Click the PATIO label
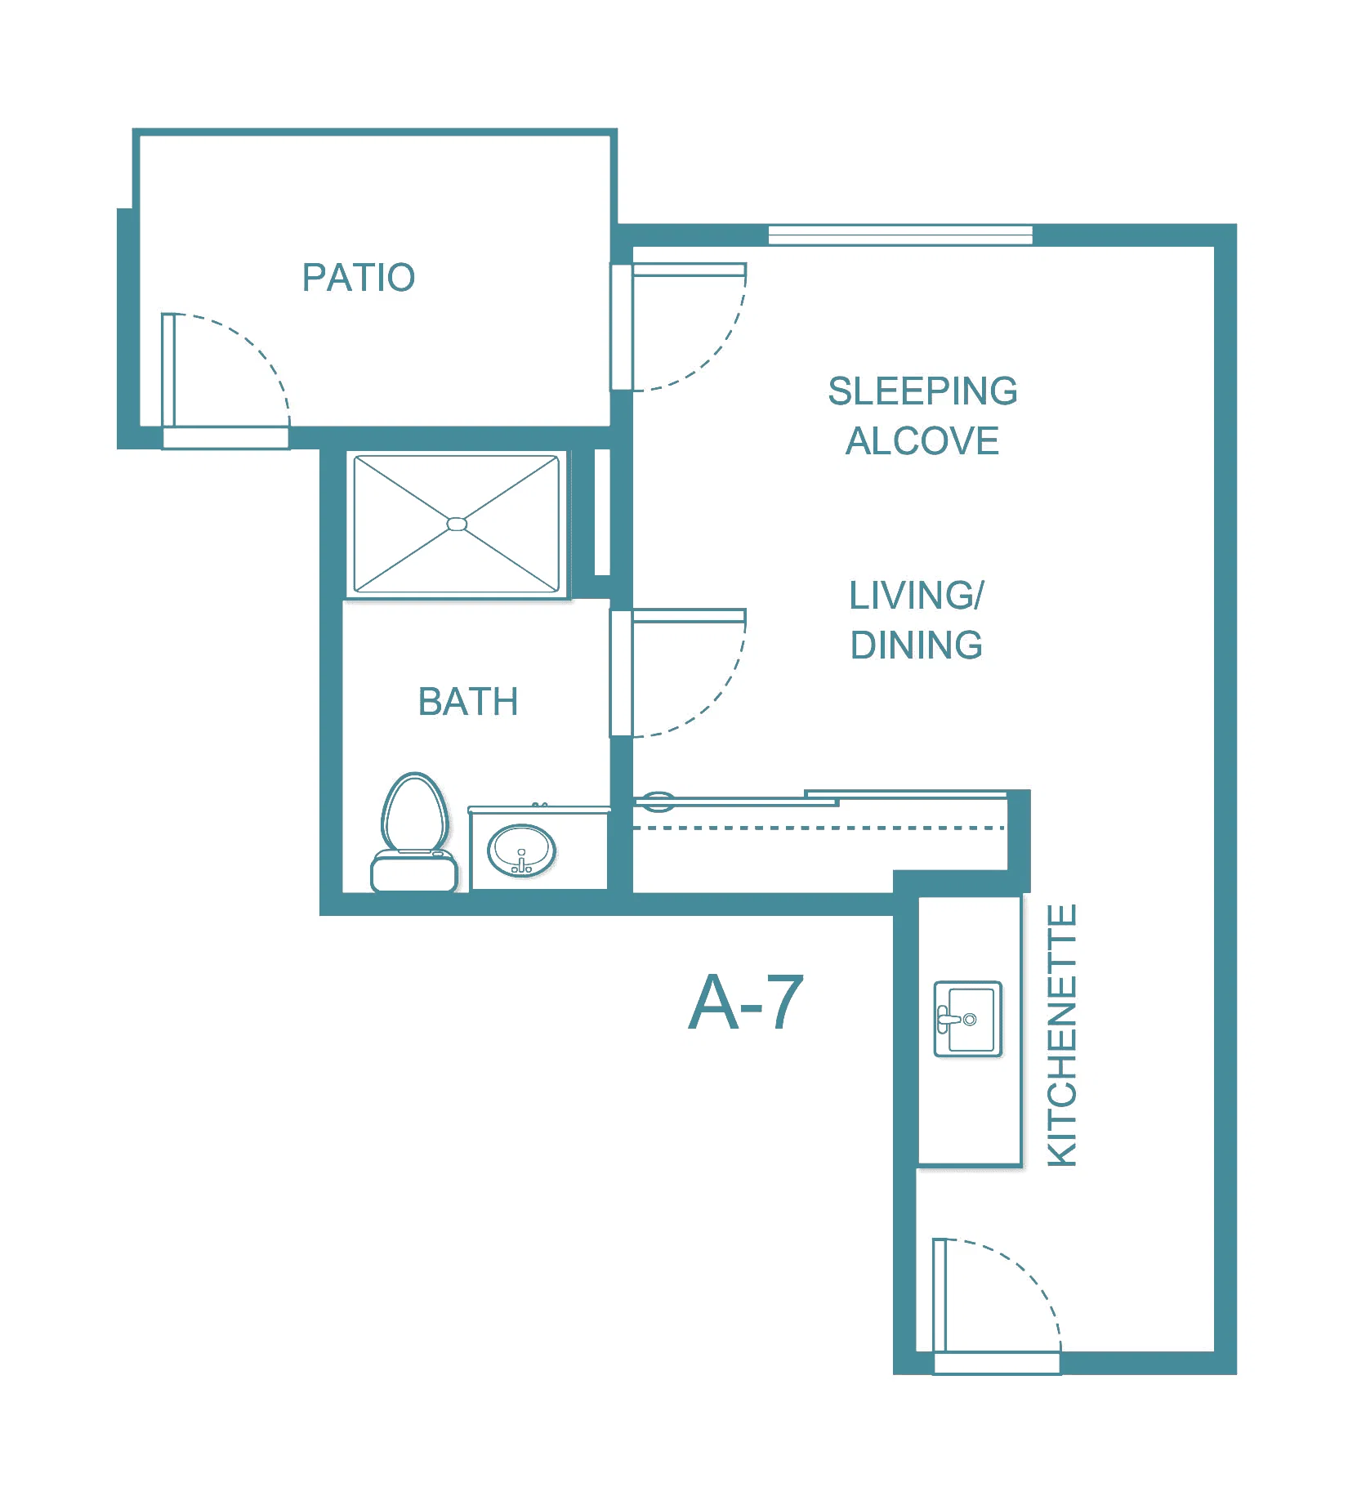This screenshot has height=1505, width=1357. (x=359, y=278)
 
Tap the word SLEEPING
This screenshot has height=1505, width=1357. (x=922, y=391)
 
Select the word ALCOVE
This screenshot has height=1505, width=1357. (x=922, y=441)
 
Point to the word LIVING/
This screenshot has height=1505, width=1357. (x=917, y=596)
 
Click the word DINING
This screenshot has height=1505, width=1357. (x=917, y=645)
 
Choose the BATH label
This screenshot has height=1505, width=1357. (x=468, y=702)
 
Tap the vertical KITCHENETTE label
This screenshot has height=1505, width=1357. (x=1062, y=1035)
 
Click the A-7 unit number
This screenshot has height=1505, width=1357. (x=746, y=1003)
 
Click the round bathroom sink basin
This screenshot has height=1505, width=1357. (x=521, y=850)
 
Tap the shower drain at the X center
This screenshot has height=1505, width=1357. (x=457, y=524)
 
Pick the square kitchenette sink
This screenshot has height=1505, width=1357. (x=968, y=1019)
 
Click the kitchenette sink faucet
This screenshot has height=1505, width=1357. (x=948, y=1020)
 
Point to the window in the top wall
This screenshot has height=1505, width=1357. (x=900, y=235)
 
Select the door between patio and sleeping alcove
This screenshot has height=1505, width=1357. (x=677, y=327)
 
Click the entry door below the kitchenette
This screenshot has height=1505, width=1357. (x=997, y=1306)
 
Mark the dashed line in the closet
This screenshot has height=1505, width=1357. (x=819, y=828)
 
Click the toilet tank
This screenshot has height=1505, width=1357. (x=414, y=872)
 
